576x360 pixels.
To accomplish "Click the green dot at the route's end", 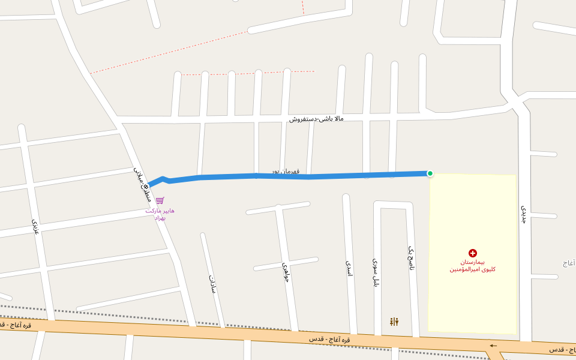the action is (430, 173).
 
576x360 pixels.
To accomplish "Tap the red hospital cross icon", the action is (473, 253).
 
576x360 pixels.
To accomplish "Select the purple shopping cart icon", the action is (160, 200).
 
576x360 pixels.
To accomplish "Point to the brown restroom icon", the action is (394, 322).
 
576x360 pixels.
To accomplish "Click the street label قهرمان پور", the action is (285, 172).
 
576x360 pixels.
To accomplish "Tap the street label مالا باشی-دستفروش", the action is (316, 119).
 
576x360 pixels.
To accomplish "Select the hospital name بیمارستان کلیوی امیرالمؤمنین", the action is (473, 266).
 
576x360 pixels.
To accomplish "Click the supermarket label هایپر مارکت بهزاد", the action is (160, 214).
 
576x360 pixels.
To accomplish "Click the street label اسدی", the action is (349, 268).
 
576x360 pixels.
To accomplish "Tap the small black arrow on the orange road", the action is (493, 346).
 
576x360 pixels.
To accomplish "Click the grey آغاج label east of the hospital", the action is (569, 263).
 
